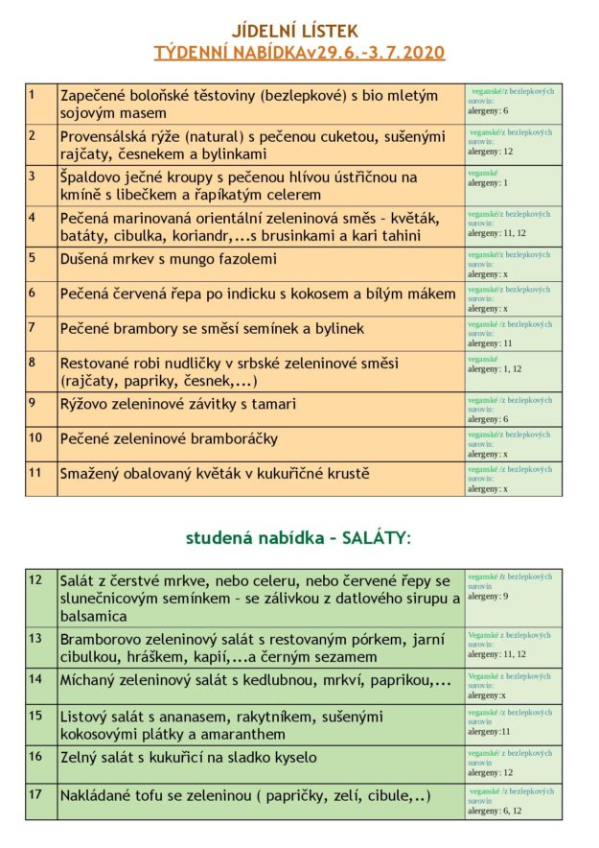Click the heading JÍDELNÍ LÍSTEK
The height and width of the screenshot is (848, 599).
coord(299,31)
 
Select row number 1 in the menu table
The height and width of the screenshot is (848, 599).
coord(32,93)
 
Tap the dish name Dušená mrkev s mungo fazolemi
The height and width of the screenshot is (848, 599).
coord(169,258)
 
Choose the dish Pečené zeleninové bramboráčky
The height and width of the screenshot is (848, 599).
coord(169,438)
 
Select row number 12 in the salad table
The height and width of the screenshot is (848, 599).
coord(35,578)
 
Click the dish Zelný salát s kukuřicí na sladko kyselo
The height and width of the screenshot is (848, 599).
coord(188,757)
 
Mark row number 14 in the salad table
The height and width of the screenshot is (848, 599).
coord(35,677)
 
